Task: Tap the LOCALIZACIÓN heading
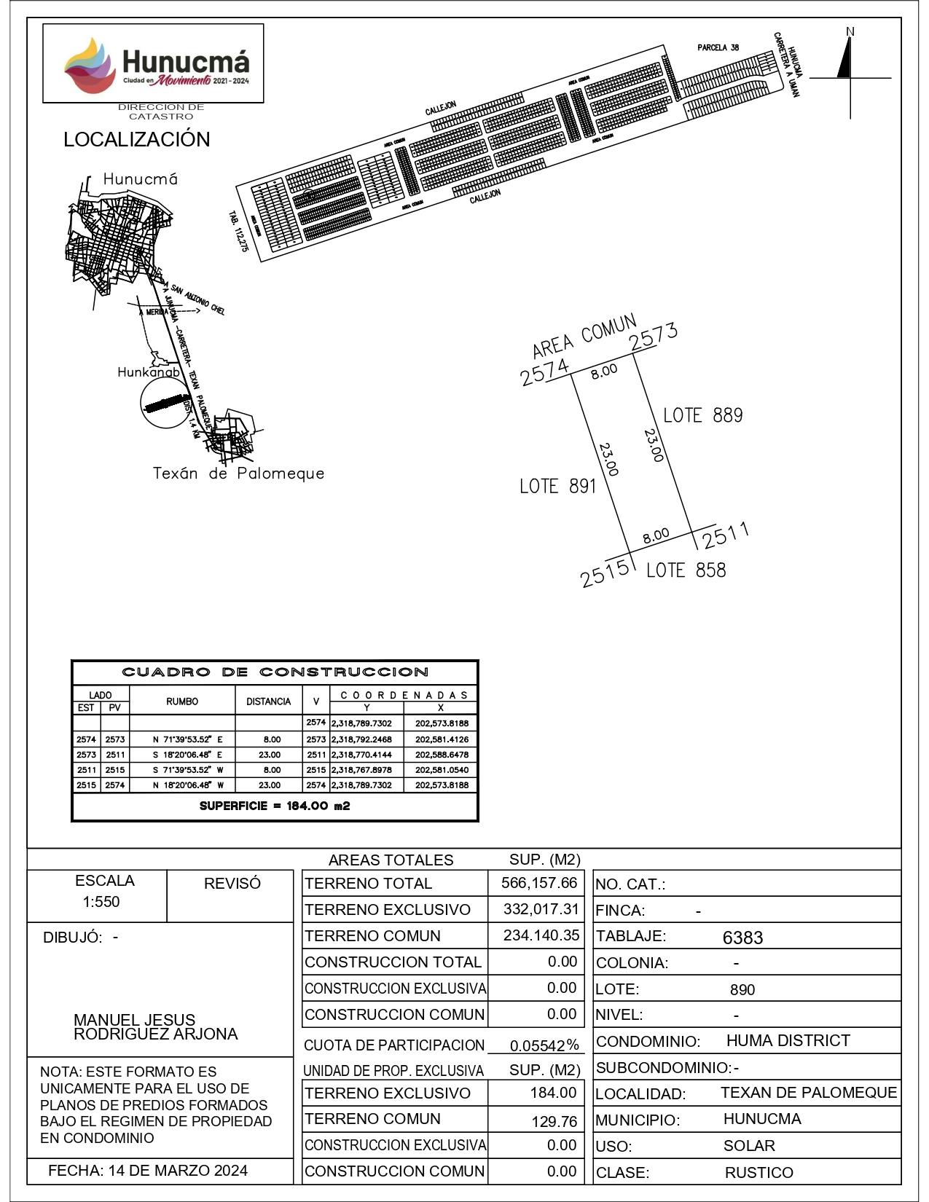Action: (x=136, y=140)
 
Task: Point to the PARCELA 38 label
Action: (x=718, y=48)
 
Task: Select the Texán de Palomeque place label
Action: (x=238, y=474)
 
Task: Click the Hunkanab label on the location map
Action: (x=149, y=372)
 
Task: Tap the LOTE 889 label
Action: (x=702, y=416)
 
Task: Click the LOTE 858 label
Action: (x=686, y=570)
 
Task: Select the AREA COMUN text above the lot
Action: (x=584, y=337)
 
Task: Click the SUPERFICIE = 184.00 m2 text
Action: (x=275, y=806)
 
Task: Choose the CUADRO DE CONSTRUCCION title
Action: (x=275, y=672)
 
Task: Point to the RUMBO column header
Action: (x=182, y=702)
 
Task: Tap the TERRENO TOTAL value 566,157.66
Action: (x=538, y=884)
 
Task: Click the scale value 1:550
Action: (x=101, y=902)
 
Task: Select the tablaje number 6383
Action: (x=742, y=938)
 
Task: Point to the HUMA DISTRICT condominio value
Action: (x=788, y=1040)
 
